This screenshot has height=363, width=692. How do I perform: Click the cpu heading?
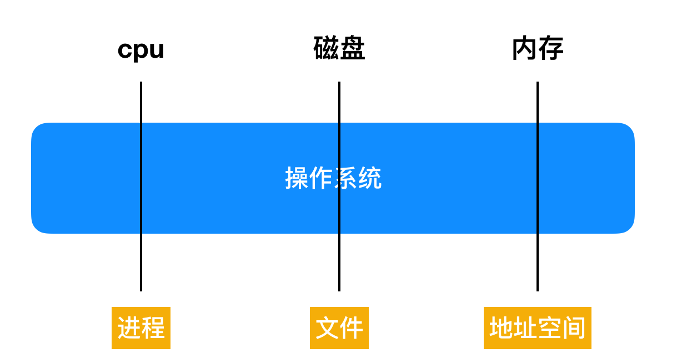(x=141, y=50)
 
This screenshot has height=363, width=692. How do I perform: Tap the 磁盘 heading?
(x=339, y=49)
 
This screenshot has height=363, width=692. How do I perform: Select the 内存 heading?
(x=537, y=49)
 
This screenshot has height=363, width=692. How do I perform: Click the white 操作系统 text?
(x=333, y=179)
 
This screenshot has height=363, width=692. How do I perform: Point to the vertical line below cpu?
(x=141, y=261)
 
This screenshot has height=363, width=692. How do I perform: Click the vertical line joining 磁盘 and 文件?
(x=339, y=261)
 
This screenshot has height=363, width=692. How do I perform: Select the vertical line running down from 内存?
(x=538, y=261)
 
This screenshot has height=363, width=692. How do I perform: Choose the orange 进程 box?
(x=141, y=328)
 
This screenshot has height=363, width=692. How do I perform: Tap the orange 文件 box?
(x=339, y=328)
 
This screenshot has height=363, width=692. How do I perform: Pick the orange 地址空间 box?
(x=537, y=328)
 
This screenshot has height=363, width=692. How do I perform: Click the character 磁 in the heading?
(x=326, y=49)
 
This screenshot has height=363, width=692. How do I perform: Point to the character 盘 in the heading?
(x=352, y=49)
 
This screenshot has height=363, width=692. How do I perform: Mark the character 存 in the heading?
(x=550, y=49)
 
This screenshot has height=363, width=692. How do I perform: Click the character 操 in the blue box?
(x=297, y=179)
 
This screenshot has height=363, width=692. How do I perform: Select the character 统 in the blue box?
(x=370, y=179)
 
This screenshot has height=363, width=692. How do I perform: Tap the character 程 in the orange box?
(x=153, y=328)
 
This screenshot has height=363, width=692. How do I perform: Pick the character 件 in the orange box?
(x=352, y=328)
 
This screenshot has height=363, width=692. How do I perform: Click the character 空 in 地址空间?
(x=550, y=328)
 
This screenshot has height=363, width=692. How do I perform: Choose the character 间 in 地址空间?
(x=574, y=328)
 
